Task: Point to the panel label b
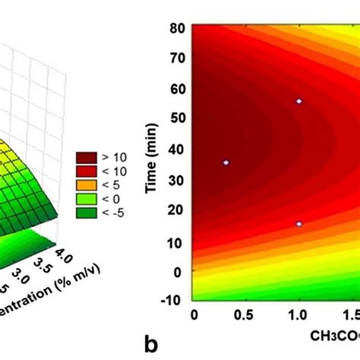(x=152, y=344)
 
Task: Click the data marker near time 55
(x=298, y=101)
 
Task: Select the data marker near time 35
(x=226, y=163)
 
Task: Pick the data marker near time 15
(x=298, y=224)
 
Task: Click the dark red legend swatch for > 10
(x=87, y=157)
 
